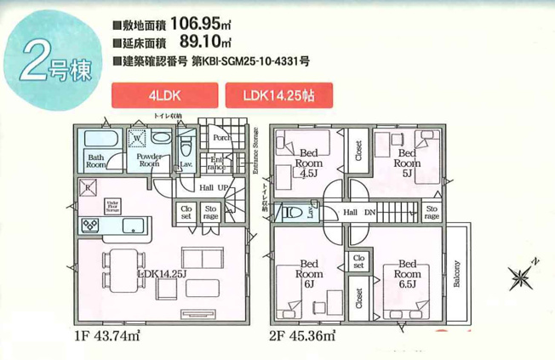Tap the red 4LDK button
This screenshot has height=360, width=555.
click(x=162, y=94)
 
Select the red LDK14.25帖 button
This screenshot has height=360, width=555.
click(x=278, y=94)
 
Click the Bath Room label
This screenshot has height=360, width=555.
click(x=96, y=161)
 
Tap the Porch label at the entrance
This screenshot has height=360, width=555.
click(x=222, y=137)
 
